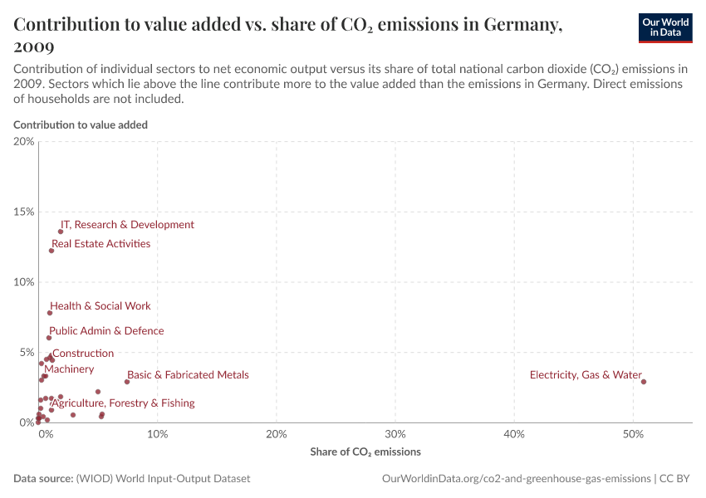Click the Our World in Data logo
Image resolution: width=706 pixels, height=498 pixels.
click(664, 27)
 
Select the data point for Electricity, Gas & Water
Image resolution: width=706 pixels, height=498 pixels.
click(644, 382)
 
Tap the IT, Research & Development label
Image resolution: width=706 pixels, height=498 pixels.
click(127, 225)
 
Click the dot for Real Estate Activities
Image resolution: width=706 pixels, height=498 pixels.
click(51, 251)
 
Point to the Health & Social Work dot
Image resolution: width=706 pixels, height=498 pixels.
click(50, 313)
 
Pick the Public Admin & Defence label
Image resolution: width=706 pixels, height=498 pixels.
click(106, 331)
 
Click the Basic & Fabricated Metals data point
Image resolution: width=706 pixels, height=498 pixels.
click(127, 382)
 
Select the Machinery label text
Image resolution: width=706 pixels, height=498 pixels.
click(69, 369)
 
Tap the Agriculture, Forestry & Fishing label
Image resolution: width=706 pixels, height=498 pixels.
click(123, 403)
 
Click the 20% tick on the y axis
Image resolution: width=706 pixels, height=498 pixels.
click(24, 142)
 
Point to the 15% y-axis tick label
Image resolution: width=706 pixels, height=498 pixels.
click(24, 212)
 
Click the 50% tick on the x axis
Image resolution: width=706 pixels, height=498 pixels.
click(633, 434)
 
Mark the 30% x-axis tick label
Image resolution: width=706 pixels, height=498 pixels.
click(395, 434)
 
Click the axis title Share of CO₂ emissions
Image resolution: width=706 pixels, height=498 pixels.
click(365, 452)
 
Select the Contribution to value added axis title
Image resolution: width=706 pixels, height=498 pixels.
click(81, 124)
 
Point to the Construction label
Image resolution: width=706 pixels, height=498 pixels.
click(83, 354)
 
